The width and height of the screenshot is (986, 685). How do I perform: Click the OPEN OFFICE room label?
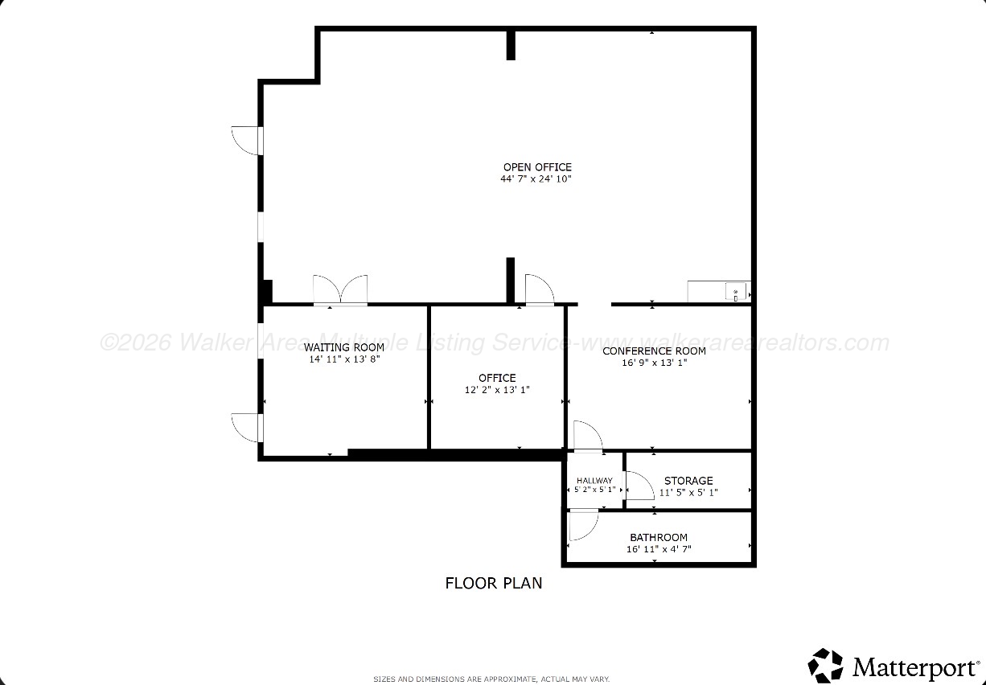click(x=537, y=167)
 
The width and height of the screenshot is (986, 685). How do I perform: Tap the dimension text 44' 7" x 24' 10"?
click(x=536, y=178)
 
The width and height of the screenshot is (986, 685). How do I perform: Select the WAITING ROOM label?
click(x=343, y=347)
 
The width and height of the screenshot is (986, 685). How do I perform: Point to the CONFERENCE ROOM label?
click(x=654, y=351)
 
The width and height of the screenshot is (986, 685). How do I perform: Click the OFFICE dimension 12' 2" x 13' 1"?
click(x=497, y=389)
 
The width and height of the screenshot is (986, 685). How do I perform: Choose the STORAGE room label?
click(x=688, y=481)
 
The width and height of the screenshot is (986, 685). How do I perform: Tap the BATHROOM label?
click(x=659, y=537)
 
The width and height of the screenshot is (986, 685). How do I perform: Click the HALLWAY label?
click(x=594, y=481)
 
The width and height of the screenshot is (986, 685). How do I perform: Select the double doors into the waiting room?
click(x=340, y=289)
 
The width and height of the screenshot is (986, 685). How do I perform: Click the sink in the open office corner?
click(x=736, y=291)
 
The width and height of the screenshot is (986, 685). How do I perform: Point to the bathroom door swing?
click(x=583, y=524)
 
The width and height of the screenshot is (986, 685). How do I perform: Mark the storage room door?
click(x=640, y=486)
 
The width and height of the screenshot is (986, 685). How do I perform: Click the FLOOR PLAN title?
click(x=494, y=583)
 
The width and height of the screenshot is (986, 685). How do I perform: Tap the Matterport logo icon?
click(x=825, y=666)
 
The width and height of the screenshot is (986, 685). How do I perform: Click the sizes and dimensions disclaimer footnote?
click(x=491, y=679)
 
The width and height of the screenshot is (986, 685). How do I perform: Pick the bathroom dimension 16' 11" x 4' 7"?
click(x=659, y=548)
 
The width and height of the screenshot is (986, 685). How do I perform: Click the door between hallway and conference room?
click(x=588, y=436)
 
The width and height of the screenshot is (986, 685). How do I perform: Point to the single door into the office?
click(x=540, y=289)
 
